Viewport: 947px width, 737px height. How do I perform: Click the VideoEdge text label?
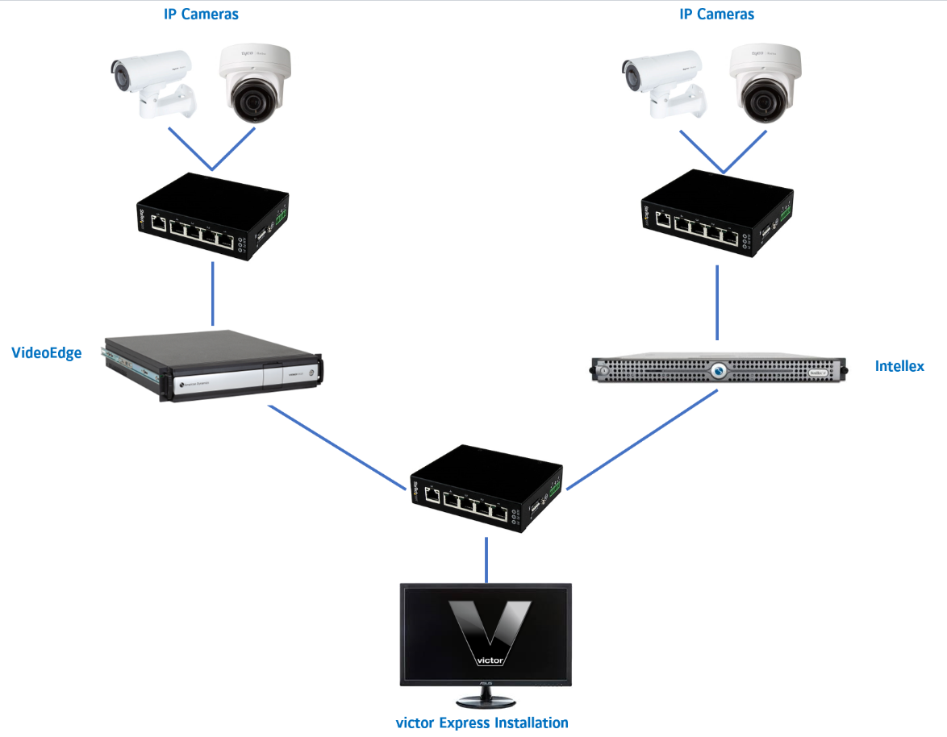[x=46, y=352]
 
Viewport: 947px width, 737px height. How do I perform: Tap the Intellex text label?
[x=900, y=366]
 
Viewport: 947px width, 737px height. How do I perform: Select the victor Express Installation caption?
[x=482, y=722]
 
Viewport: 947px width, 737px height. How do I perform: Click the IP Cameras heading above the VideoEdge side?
[x=202, y=14]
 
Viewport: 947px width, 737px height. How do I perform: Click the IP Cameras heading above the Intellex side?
[x=717, y=14]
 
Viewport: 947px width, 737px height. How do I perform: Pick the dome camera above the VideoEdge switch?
[x=255, y=83]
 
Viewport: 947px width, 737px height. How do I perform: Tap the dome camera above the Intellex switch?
[x=766, y=81]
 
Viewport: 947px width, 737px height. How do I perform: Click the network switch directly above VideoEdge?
[x=213, y=215]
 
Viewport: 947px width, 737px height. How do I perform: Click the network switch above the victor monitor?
[x=486, y=489]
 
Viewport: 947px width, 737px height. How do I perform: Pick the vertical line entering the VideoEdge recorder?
[x=213, y=294]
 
